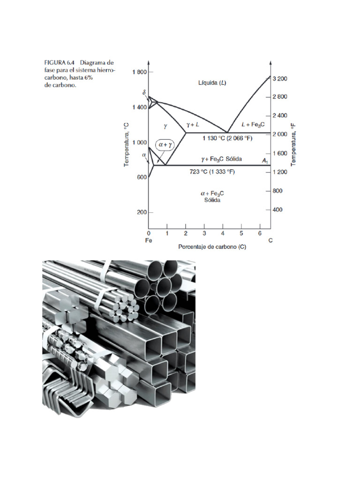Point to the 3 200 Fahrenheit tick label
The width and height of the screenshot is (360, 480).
tap(280, 79)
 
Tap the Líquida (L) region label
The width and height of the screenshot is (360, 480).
tap(212, 82)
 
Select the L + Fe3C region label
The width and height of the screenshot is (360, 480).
tap(253, 125)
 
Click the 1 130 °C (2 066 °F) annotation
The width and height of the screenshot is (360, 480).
tap(227, 138)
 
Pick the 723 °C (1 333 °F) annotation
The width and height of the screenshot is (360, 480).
tap(212, 172)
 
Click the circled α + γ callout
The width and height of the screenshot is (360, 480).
tap(165, 144)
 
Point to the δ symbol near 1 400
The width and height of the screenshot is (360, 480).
tap(144, 92)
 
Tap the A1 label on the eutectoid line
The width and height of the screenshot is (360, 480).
tap(265, 160)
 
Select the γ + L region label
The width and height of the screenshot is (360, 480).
tap(193, 125)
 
